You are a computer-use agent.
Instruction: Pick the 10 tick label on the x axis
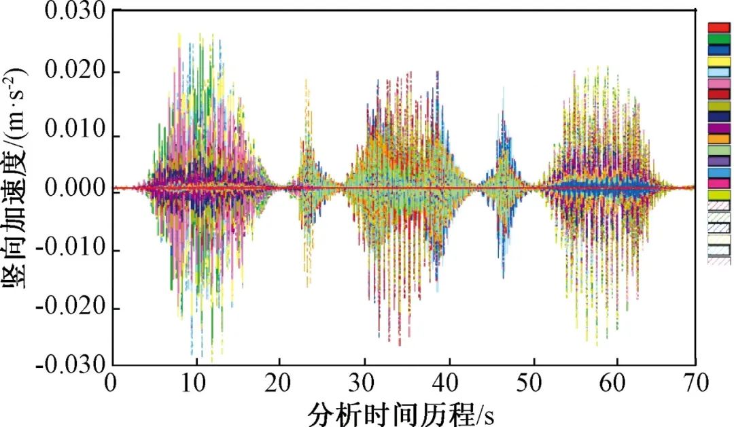coord(196,383)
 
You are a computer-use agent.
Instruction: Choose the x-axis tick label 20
coord(280,383)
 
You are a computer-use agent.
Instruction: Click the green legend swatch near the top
coord(719,39)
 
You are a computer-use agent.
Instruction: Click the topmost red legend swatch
coord(719,27)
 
